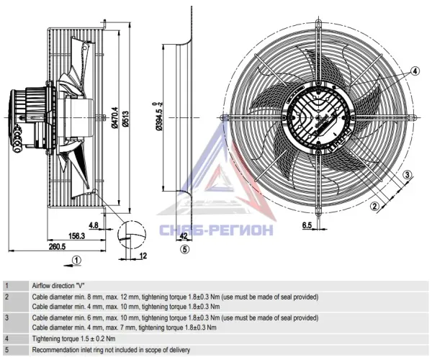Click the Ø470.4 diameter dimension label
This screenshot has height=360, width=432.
[x=114, y=117]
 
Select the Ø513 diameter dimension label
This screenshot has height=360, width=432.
[x=125, y=119]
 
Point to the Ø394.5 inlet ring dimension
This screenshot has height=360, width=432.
[x=158, y=116]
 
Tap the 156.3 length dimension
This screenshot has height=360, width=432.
[x=76, y=236]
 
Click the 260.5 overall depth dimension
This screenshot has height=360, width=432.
[x=58, y=246]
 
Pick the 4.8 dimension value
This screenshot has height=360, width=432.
[x=94, y=225]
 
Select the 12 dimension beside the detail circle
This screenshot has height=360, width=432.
[x=143, y=256]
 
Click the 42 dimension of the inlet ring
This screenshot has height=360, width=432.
[x=183, y=235]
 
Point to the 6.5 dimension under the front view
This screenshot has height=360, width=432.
[x=307, y=225]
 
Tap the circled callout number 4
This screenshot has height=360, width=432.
[x=415, y=71]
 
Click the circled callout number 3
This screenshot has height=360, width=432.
[x=408, y=174]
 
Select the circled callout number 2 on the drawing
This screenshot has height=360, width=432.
[x=374, y=206]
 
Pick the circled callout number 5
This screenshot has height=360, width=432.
[x=185, y=249]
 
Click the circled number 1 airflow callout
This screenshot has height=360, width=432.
[x=77, y=261]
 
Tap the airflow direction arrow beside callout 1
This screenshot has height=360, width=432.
[x=68, y=265]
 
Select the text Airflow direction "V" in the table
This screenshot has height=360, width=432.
[x=58, y=286]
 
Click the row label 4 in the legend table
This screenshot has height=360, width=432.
[x=7, y=338]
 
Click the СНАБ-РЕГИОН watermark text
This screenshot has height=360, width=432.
[x=217, y=230]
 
